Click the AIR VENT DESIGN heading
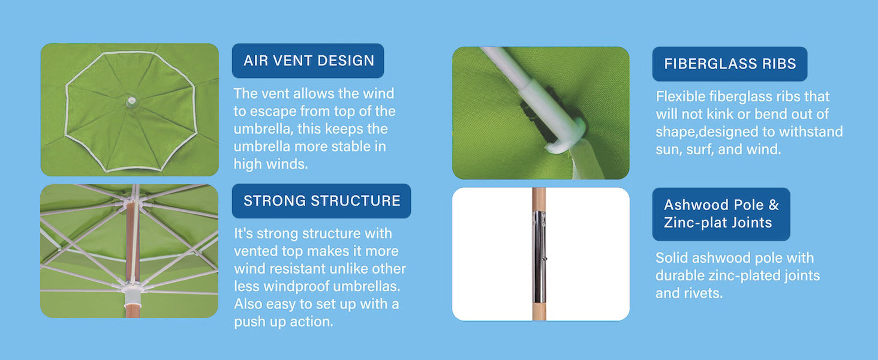click(308, 61)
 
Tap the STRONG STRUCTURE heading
click(321, 200)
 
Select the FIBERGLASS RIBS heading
click(730, 64)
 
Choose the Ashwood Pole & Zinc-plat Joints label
click(721, 214)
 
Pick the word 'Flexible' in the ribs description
click(680, 97)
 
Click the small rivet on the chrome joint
click(544, 259)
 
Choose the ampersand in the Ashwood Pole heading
click(774, 205)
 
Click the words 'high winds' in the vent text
click(271, 164)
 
